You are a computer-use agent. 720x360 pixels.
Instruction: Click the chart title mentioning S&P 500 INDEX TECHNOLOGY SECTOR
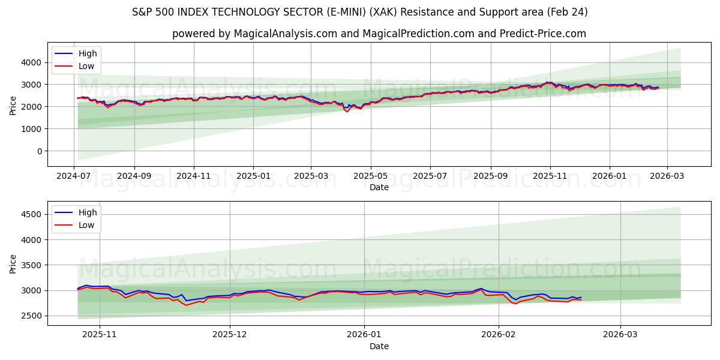click(x=359, y=12)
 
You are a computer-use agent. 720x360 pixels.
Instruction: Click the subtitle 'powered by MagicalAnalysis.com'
click(x=379, y=34)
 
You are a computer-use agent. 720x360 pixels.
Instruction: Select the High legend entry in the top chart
click(x=88, y=53)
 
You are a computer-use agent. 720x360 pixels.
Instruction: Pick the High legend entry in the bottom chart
click(x=88, y=212)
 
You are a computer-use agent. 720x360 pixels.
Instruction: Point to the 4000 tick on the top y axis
click(x=31, y=62)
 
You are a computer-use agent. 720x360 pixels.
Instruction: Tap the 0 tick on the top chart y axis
click(x=38, y=151)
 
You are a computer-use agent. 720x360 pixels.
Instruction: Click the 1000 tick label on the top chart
click(x=31, y=129)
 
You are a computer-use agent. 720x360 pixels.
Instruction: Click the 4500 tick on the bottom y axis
click(x=31, y=214)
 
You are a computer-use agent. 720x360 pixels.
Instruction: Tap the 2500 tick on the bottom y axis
click(x=31, y=316)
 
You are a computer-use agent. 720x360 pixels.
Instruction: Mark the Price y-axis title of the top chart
click(x=13, y=105)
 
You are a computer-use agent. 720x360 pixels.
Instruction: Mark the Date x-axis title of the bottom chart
click(x=379, y=346)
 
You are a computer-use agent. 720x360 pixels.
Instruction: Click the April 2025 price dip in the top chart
click(x=347, y=111)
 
